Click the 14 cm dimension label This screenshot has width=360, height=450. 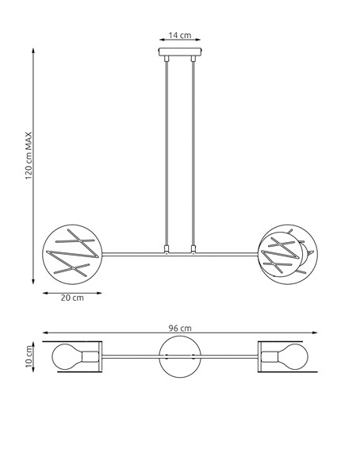coord(180,36)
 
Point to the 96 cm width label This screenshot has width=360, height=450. coord(180,327)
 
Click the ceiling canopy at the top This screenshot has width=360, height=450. coord(180,56)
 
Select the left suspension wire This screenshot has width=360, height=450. coord(167,151)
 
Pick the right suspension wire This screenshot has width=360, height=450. coord(193,151)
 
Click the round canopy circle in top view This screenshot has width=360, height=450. coord(180,356)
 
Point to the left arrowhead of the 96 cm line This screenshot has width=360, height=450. coord(44,333)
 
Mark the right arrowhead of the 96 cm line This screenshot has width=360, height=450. coord(315,333)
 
